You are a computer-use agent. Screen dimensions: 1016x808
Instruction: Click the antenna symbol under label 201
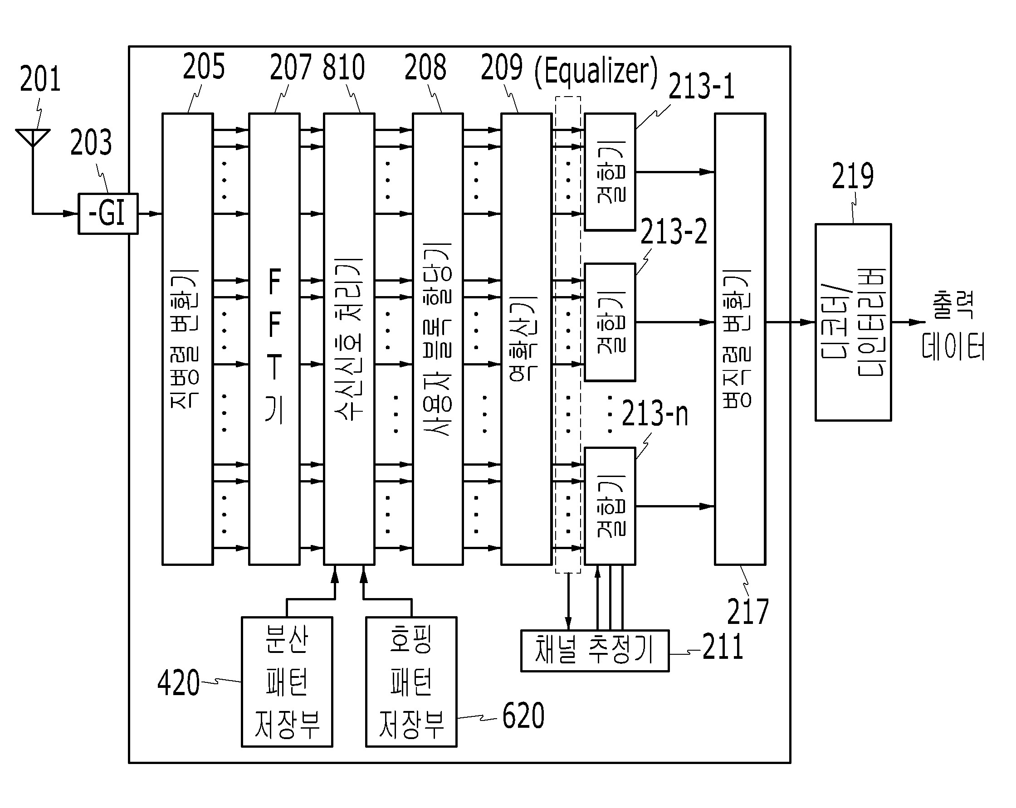click(x=33, y=137)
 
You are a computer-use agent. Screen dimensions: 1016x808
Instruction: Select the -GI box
click(x=108, y=214)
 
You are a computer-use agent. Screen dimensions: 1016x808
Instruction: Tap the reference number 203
click(x=92, y=142)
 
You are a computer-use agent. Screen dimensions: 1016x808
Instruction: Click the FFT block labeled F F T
click(x=274, y=339)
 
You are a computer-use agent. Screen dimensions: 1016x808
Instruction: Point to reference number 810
click(x=344, y=67)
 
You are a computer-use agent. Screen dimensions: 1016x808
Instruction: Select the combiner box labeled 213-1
click(x=610, y=172)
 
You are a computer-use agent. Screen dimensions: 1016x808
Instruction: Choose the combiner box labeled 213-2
click(x=610, y=322)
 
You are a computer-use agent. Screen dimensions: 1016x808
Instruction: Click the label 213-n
click(x=655, y=413)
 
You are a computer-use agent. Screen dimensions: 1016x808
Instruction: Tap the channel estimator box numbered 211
click(x=595, y=651)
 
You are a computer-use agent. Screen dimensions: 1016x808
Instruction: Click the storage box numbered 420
click(x=287, y=682)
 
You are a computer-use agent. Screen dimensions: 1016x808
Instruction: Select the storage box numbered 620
click(x=411, y=682)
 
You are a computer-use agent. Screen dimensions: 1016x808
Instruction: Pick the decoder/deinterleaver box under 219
click(x=853, y=322)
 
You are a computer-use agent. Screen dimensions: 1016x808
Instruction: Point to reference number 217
click(x=748, y=612)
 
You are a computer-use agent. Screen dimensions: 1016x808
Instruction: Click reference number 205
click(x=204, y=67)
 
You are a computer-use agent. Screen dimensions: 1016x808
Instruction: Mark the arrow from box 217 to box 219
click(x=791, y=322)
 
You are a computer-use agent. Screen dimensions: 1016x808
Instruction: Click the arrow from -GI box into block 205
click(x=150, y=214)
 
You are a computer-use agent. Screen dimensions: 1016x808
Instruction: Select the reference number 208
click(x=425, y=68)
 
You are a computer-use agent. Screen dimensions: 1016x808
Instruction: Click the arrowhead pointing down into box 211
click(x=568, y=624)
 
